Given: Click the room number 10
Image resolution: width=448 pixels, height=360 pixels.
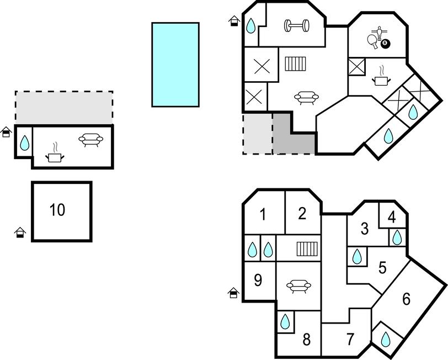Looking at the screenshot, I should click(x=57, y=210).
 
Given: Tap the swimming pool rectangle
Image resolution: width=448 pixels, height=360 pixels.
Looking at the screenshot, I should click(x=175, y=64).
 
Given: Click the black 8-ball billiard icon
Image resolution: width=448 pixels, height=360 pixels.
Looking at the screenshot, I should click(x=385, y=43).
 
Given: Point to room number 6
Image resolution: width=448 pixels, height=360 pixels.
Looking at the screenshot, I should click(x=407, y=299).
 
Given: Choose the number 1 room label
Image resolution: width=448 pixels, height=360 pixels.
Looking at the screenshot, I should click(x=263, y=214).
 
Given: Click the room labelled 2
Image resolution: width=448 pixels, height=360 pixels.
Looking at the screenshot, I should click(x=302, y=213).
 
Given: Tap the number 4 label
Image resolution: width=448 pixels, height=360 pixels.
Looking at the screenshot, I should click(x=392, y=217).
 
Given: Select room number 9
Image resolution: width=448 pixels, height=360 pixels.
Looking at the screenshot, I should click(x=258, y=280).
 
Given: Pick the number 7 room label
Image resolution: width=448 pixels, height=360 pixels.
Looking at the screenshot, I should click(x=350, y=339).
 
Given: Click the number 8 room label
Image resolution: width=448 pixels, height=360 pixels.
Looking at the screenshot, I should click(x=306, y=339).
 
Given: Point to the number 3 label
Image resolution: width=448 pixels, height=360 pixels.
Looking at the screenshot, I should click(x=364, y=228).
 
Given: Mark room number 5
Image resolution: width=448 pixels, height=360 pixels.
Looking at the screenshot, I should click(x=382, y=268).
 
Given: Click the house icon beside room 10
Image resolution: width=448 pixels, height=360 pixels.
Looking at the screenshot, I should click(x=20, y=232).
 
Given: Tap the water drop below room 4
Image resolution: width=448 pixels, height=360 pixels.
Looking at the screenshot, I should click(x=397, y=238).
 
